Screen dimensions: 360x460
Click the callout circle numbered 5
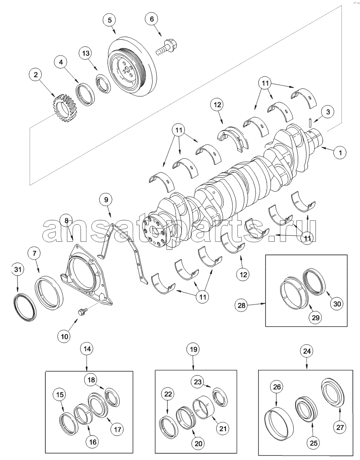(109, 20)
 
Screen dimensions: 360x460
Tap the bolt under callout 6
(167, 47)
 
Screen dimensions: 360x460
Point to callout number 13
(86, 53)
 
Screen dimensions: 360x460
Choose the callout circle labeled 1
(340, 153)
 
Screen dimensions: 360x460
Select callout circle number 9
(106, 199)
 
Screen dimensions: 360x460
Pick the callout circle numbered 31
(18, 270)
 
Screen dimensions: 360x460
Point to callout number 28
(241, 305)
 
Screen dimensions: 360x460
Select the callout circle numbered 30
(337, 304)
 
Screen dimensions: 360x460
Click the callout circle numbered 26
(277, 387)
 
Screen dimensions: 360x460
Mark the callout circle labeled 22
(168, 394)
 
